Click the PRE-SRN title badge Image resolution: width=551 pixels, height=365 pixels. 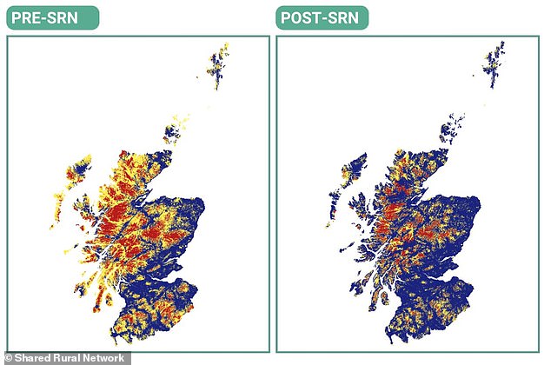(x=52, y=17)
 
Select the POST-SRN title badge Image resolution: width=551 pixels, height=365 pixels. (x=322, y=17)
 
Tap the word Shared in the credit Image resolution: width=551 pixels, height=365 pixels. (x=34, y=357)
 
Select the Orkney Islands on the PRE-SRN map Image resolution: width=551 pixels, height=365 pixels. (x=173, y=131)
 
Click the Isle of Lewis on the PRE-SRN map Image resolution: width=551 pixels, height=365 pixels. (x=77, y=170)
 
